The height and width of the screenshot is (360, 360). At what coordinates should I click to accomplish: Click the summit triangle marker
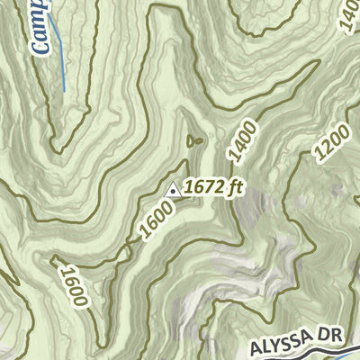pos(173,189)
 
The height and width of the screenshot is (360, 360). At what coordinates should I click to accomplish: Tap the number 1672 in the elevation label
pos(204,189)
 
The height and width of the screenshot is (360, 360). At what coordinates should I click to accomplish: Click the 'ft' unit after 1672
pos(236,189)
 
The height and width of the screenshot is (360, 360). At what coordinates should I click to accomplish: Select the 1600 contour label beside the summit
pos(154,222)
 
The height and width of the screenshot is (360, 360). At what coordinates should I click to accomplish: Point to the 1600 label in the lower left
pos(72,284)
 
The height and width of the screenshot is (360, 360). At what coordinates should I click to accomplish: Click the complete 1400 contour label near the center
pos(242,141)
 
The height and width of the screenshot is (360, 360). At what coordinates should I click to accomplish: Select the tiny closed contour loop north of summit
pos(194,140)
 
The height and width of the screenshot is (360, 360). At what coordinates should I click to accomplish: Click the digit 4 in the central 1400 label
pos(238,148)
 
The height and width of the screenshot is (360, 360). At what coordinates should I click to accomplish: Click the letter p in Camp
pos(41,13)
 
